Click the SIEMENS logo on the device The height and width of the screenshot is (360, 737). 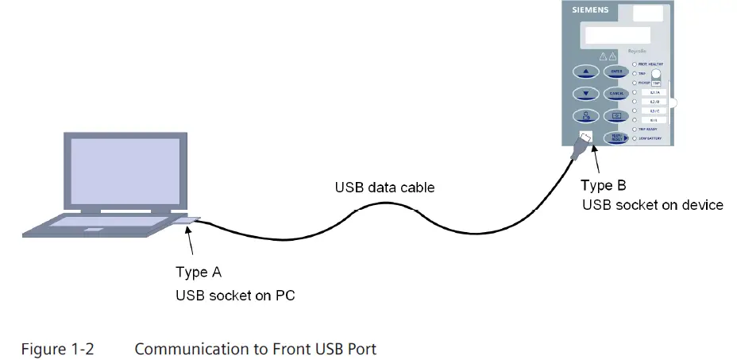point(591,10)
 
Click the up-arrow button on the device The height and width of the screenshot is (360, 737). point(586,72)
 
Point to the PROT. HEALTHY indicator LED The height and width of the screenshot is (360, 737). point(635,64)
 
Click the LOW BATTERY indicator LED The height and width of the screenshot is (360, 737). point(635,138)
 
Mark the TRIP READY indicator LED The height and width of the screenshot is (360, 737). point(635,129)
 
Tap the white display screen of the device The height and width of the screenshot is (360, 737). point(615,35)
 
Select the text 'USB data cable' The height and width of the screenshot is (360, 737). point(384,188)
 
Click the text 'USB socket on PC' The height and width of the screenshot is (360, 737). point(230,293)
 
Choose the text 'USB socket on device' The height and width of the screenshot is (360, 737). point(652,205)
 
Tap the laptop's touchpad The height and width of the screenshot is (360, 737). point(95,230)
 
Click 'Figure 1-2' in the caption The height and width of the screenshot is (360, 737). point(57,349)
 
